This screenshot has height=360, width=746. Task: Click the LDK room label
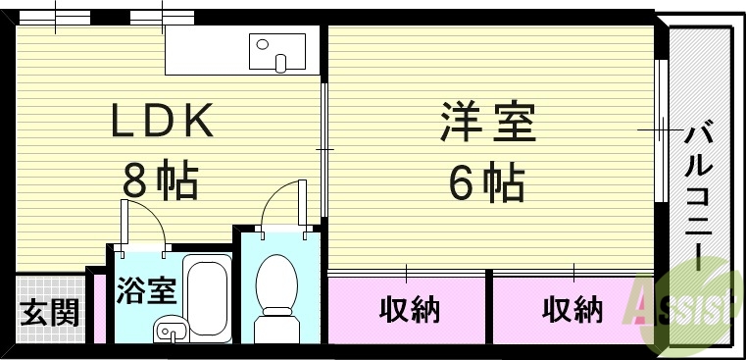tap(161, 123)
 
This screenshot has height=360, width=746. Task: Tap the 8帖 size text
tap(160, 180)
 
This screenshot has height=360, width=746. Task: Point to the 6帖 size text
tap(486, 182)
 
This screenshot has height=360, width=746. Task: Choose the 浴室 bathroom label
tap(146, 291)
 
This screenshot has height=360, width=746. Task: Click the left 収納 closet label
tap(409, 311)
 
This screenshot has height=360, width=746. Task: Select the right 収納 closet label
tap(572, 311)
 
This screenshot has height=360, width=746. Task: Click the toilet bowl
tap(275, 290)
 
